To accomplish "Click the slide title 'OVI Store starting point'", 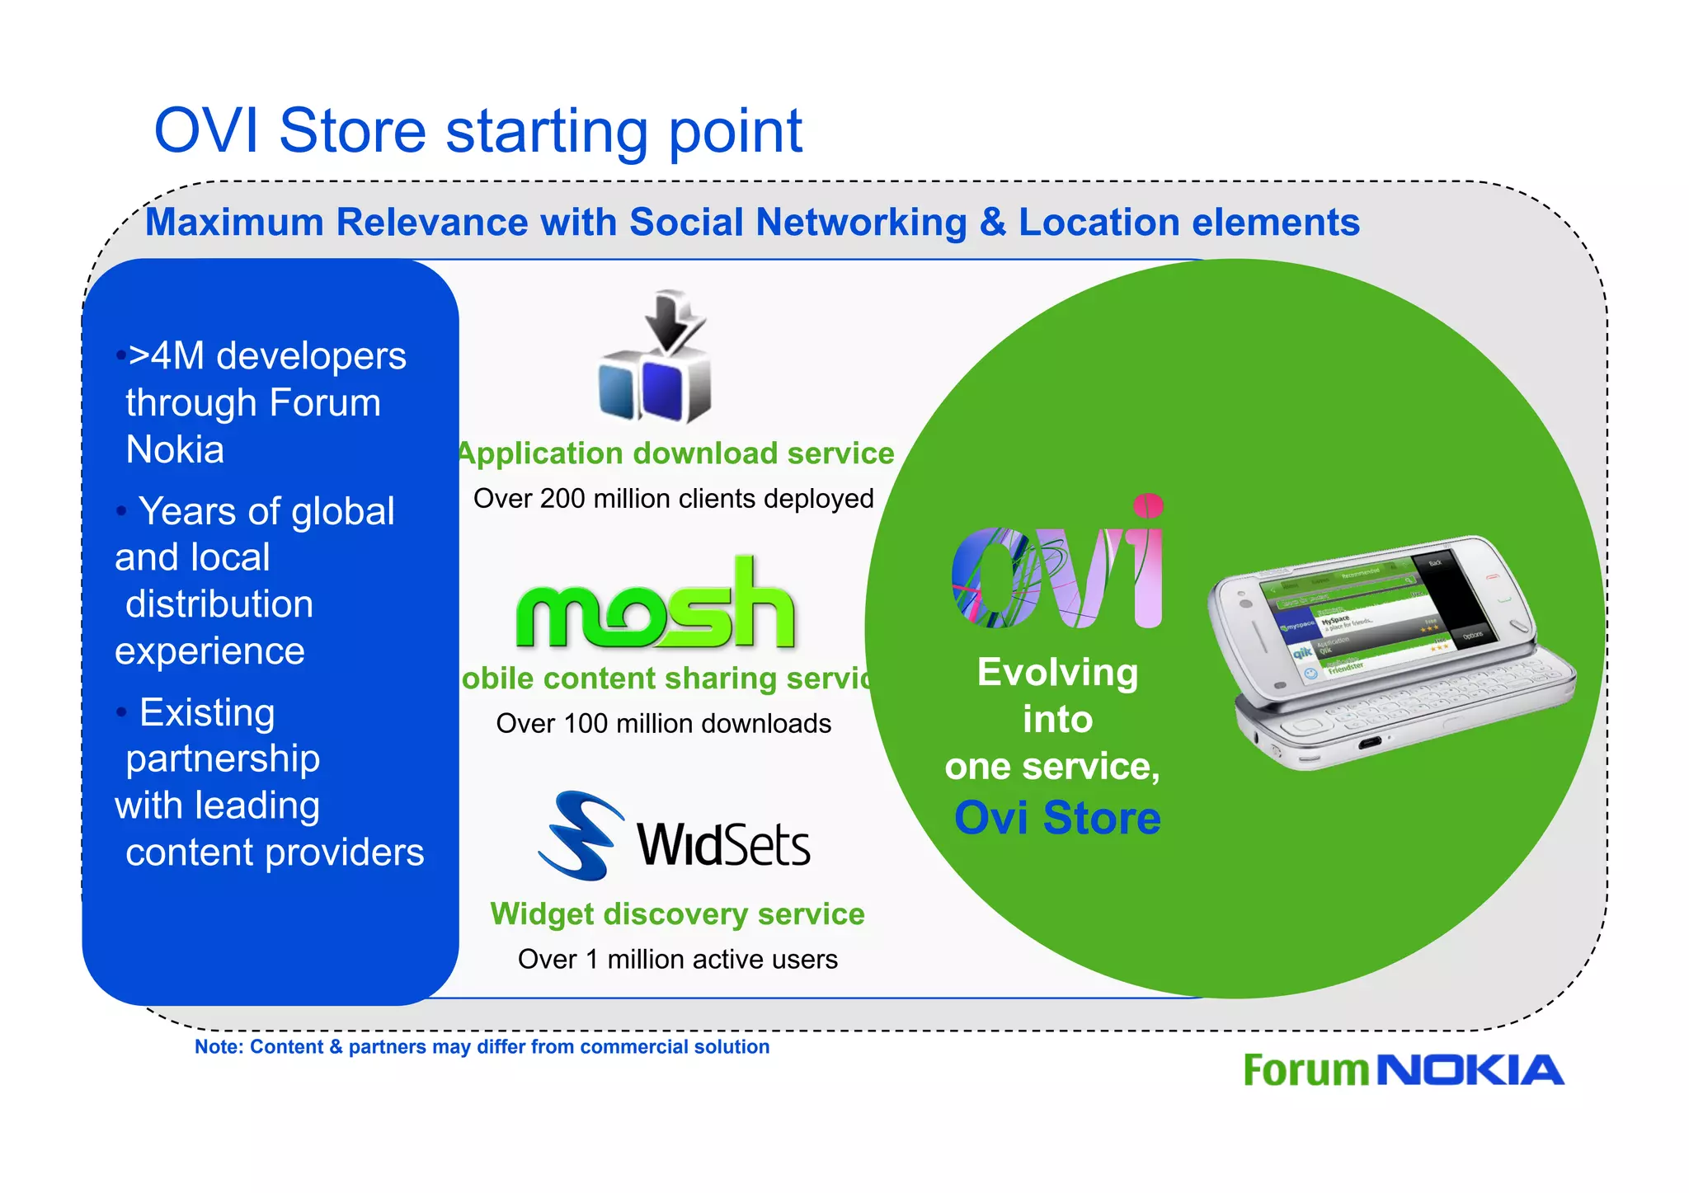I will tap(478, 131).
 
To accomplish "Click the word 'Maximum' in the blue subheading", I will tap(233, 223).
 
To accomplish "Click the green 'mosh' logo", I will tap(655, 606).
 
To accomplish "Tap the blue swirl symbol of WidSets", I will tap(577, 834).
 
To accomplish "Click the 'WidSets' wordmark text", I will tap(723, 845).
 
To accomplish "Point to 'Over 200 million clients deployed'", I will tap(673, 499).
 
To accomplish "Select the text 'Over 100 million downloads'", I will tap(663, 724).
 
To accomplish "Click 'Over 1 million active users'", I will tap(677, 960).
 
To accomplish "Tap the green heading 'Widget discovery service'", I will tap(677, 914).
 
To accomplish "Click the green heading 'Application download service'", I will tap(676, 453).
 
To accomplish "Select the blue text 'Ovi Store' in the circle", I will tap(1057, 818).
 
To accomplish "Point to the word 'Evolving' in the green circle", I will tap(1057, 673).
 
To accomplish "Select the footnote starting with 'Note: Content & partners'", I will tap(482, 1047).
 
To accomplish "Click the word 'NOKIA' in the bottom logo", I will tap(1470, 1071).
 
